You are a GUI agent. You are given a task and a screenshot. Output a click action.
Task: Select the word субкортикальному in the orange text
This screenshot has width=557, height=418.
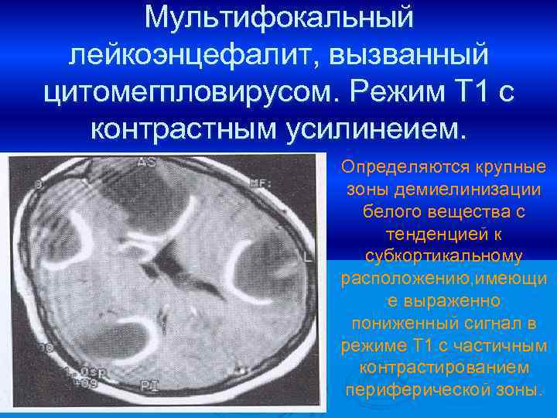pyautogui.click(x=443, y=255)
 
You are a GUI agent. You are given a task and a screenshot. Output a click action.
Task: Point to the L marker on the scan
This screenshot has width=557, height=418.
pyautogui.click(x=309, y=255)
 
